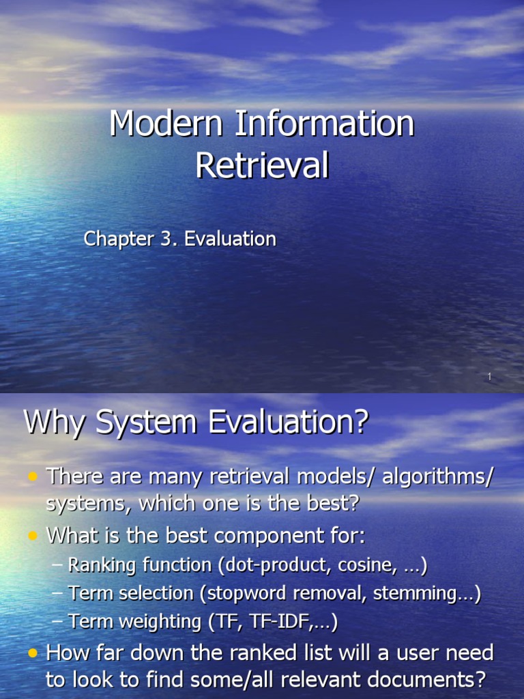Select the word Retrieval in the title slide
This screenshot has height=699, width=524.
click(x=262, y=166)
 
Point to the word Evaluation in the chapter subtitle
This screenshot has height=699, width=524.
click(x=230, y=239)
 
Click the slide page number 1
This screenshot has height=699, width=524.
click(x=490, y=377)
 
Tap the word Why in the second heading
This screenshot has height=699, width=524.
click(x=55, y=423)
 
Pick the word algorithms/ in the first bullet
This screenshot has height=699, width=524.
click(x=437, y=476)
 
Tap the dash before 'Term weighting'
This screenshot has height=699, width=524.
click(x=57, y=622)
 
